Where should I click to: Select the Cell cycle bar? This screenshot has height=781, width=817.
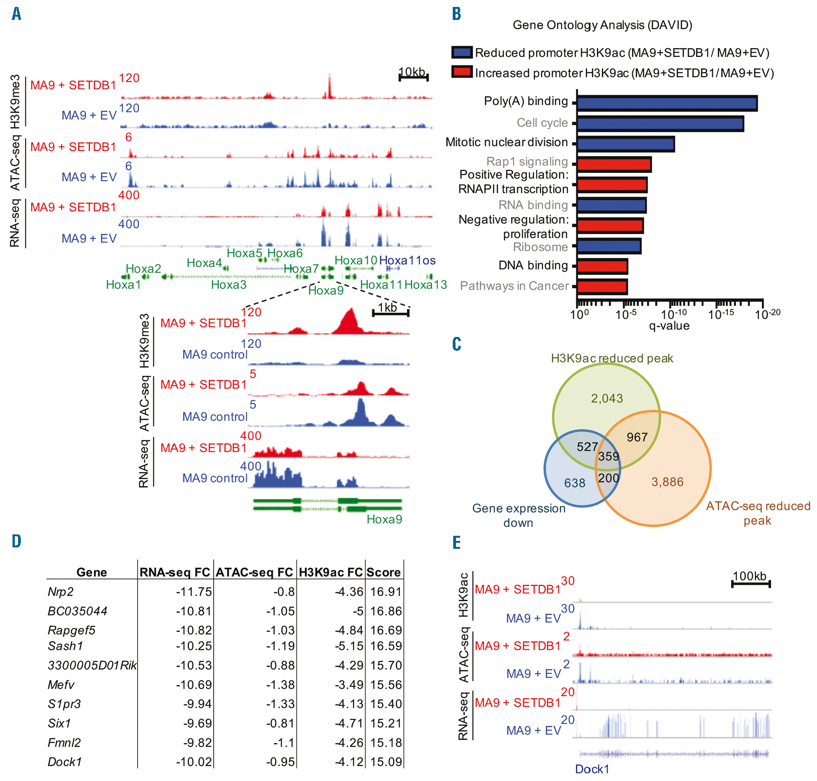pyautogui.click(x=660, y=124)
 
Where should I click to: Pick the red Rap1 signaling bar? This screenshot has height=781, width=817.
pyautogui.click(x=614, y=165)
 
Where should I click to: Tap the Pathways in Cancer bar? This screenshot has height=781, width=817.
pyautogui.click(x=602, y=287)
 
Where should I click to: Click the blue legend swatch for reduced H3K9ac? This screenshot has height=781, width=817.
pyautogui.click(x=462, y=52)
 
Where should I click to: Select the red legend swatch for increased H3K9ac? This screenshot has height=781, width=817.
pyautogui.click(x=462, y=72)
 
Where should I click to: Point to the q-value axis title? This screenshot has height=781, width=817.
pyautogui.click(x=669, y=326)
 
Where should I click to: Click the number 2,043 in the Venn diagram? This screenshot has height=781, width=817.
pyautogui.click(x=607, y=398)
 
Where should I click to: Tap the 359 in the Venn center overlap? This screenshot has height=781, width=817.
pyautogui.click(x=608, y=457)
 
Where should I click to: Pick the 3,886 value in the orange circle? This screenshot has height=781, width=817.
pyautogui.click(x=667, y=482)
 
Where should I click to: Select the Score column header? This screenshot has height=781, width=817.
pyautogui.click(x=384, y=572)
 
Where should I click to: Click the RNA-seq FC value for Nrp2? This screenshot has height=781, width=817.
pyautogui.click(x=194, y=592)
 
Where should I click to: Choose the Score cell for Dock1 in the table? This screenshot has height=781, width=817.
pyautogui.click(x=386, y=762)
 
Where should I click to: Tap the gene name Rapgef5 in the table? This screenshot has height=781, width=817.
pyautogui.click(x=71, y=630)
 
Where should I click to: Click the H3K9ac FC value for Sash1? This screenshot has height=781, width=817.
pyautogui.click(x=349, y=646)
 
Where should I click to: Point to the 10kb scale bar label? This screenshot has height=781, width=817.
pyautogui.click(x=412, y=72)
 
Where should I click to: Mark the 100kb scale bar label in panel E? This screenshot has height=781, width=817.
pyautogui.click(x=749, y=576)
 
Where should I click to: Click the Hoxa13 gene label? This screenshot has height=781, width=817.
pyautogui.click(x=426, y=285)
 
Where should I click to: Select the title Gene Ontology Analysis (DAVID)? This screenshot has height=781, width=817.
pyautogui.click(x=602, y=25)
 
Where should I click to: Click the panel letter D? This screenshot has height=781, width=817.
pyautogui.click(x=17, y=541)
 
